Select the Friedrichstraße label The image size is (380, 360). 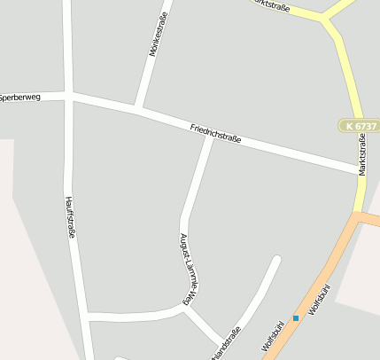215,138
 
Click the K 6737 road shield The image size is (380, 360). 361,127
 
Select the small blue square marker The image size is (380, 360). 296,317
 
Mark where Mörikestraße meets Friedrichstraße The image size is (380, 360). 137,109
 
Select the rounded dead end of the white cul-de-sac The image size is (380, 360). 275,260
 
